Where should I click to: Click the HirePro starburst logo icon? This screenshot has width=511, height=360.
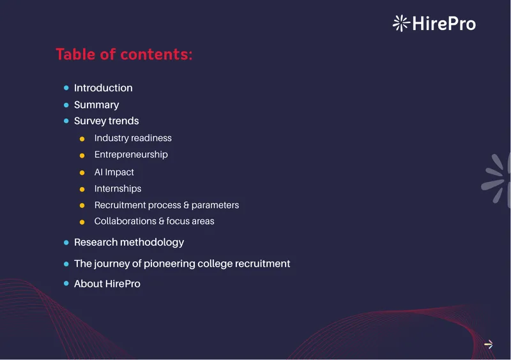401,23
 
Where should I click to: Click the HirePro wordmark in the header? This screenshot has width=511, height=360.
444,24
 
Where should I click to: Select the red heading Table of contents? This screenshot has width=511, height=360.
124,54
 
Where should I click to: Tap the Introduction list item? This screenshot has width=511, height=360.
103,88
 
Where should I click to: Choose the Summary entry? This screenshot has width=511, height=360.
96,105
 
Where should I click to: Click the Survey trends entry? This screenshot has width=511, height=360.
106,121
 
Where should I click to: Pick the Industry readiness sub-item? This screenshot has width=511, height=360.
133,138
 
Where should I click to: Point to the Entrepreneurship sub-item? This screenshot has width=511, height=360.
131,154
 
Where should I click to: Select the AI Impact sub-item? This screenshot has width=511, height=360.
114,172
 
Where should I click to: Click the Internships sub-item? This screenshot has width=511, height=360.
118,189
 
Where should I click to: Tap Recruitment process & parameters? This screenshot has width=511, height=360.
167,206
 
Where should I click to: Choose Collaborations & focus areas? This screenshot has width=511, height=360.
154,221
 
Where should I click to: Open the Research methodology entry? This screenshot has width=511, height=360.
129,243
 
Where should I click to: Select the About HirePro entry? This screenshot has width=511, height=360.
107,284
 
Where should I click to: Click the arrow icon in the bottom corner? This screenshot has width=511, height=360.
489,345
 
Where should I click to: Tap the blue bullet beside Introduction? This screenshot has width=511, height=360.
66,87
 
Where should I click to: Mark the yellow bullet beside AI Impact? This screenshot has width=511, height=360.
82,173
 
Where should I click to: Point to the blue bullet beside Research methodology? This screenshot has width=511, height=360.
66,243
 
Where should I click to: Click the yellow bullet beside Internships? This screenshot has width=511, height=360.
82,190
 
